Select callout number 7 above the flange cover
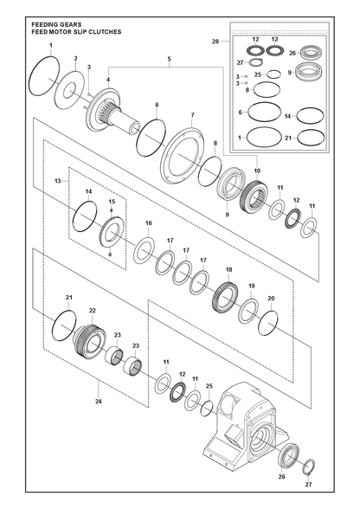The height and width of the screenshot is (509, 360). coord(192,115)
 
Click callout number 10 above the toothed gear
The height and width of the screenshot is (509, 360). coord(257,171)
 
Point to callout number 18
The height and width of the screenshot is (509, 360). coord(229,270)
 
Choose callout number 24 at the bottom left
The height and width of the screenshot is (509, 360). coord(99,402)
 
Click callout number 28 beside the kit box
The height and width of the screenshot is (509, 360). coord(215,42)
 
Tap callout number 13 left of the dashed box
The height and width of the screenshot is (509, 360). coord(58,181)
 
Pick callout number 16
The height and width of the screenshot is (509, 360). coord(148,223)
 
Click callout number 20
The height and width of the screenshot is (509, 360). coord(272,299)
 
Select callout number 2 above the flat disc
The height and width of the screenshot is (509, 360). coord(75,59)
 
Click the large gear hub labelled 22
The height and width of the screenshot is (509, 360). coord(88,341)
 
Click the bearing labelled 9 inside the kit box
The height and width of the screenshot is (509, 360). coord(308,72)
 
